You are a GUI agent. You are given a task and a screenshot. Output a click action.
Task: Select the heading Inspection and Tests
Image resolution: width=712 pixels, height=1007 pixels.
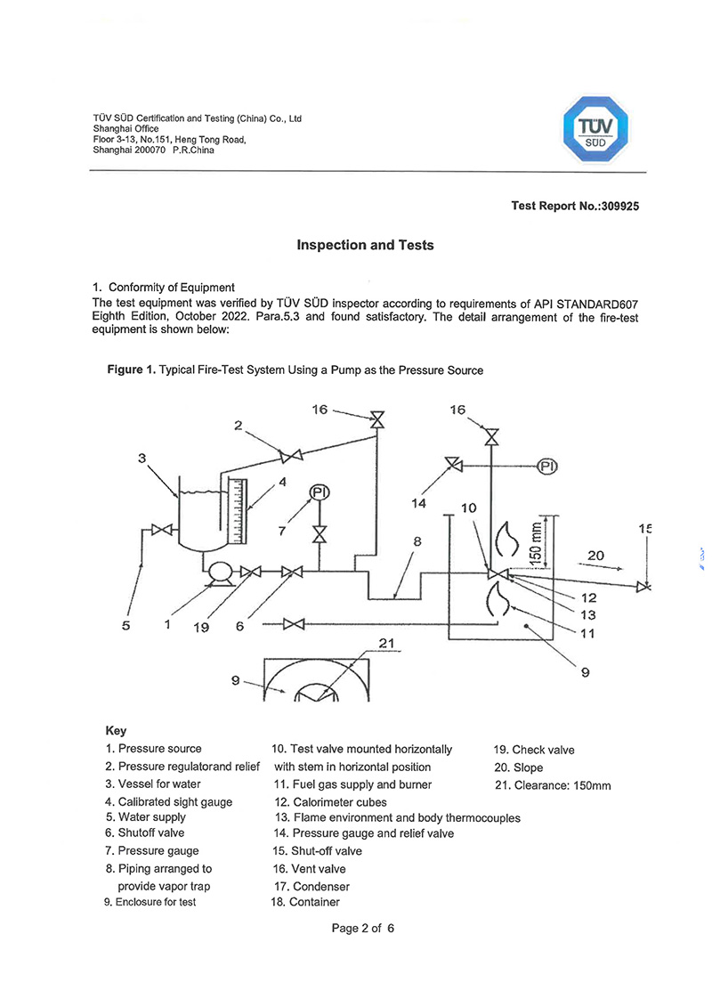click(365, 245)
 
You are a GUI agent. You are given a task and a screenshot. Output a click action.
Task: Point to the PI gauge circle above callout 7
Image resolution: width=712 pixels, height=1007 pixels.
click(319, 492)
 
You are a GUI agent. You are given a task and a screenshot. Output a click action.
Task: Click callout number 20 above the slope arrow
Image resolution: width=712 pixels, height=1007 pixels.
click(595, 556)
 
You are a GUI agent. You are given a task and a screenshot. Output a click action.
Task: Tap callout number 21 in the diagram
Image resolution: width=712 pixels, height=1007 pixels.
click(384, 644)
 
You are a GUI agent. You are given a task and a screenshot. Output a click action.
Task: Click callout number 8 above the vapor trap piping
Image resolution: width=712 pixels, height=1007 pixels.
click(417, 540)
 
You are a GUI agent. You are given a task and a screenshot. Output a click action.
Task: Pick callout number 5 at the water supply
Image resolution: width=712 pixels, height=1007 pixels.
click(126, 626)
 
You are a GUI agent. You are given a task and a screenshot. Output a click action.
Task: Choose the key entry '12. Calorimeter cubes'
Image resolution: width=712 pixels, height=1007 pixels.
click(330, 801)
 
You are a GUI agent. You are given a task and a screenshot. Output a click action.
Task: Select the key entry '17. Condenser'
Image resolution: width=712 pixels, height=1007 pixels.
click(311, 886)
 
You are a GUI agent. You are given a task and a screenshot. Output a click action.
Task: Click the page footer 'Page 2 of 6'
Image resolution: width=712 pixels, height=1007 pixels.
click(362, 928)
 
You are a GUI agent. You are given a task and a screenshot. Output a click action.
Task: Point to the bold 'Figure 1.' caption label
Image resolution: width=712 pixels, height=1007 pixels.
click(132, 370)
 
